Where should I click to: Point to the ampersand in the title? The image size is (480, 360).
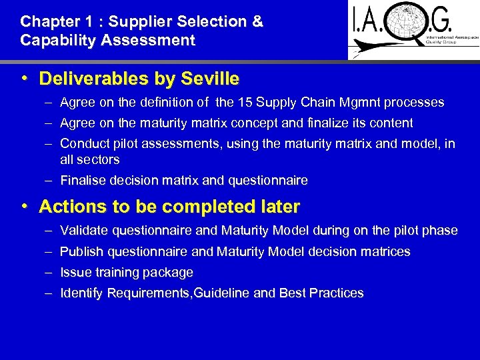point(257,21)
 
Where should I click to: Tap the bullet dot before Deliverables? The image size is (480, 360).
point(24,79)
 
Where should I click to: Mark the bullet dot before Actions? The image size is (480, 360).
point(24,207)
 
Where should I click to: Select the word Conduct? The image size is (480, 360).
point(83,143)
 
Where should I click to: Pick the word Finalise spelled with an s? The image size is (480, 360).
point(83,180)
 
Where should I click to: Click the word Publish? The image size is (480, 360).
point(80,252)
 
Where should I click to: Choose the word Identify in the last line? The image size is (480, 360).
point(81,293)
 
